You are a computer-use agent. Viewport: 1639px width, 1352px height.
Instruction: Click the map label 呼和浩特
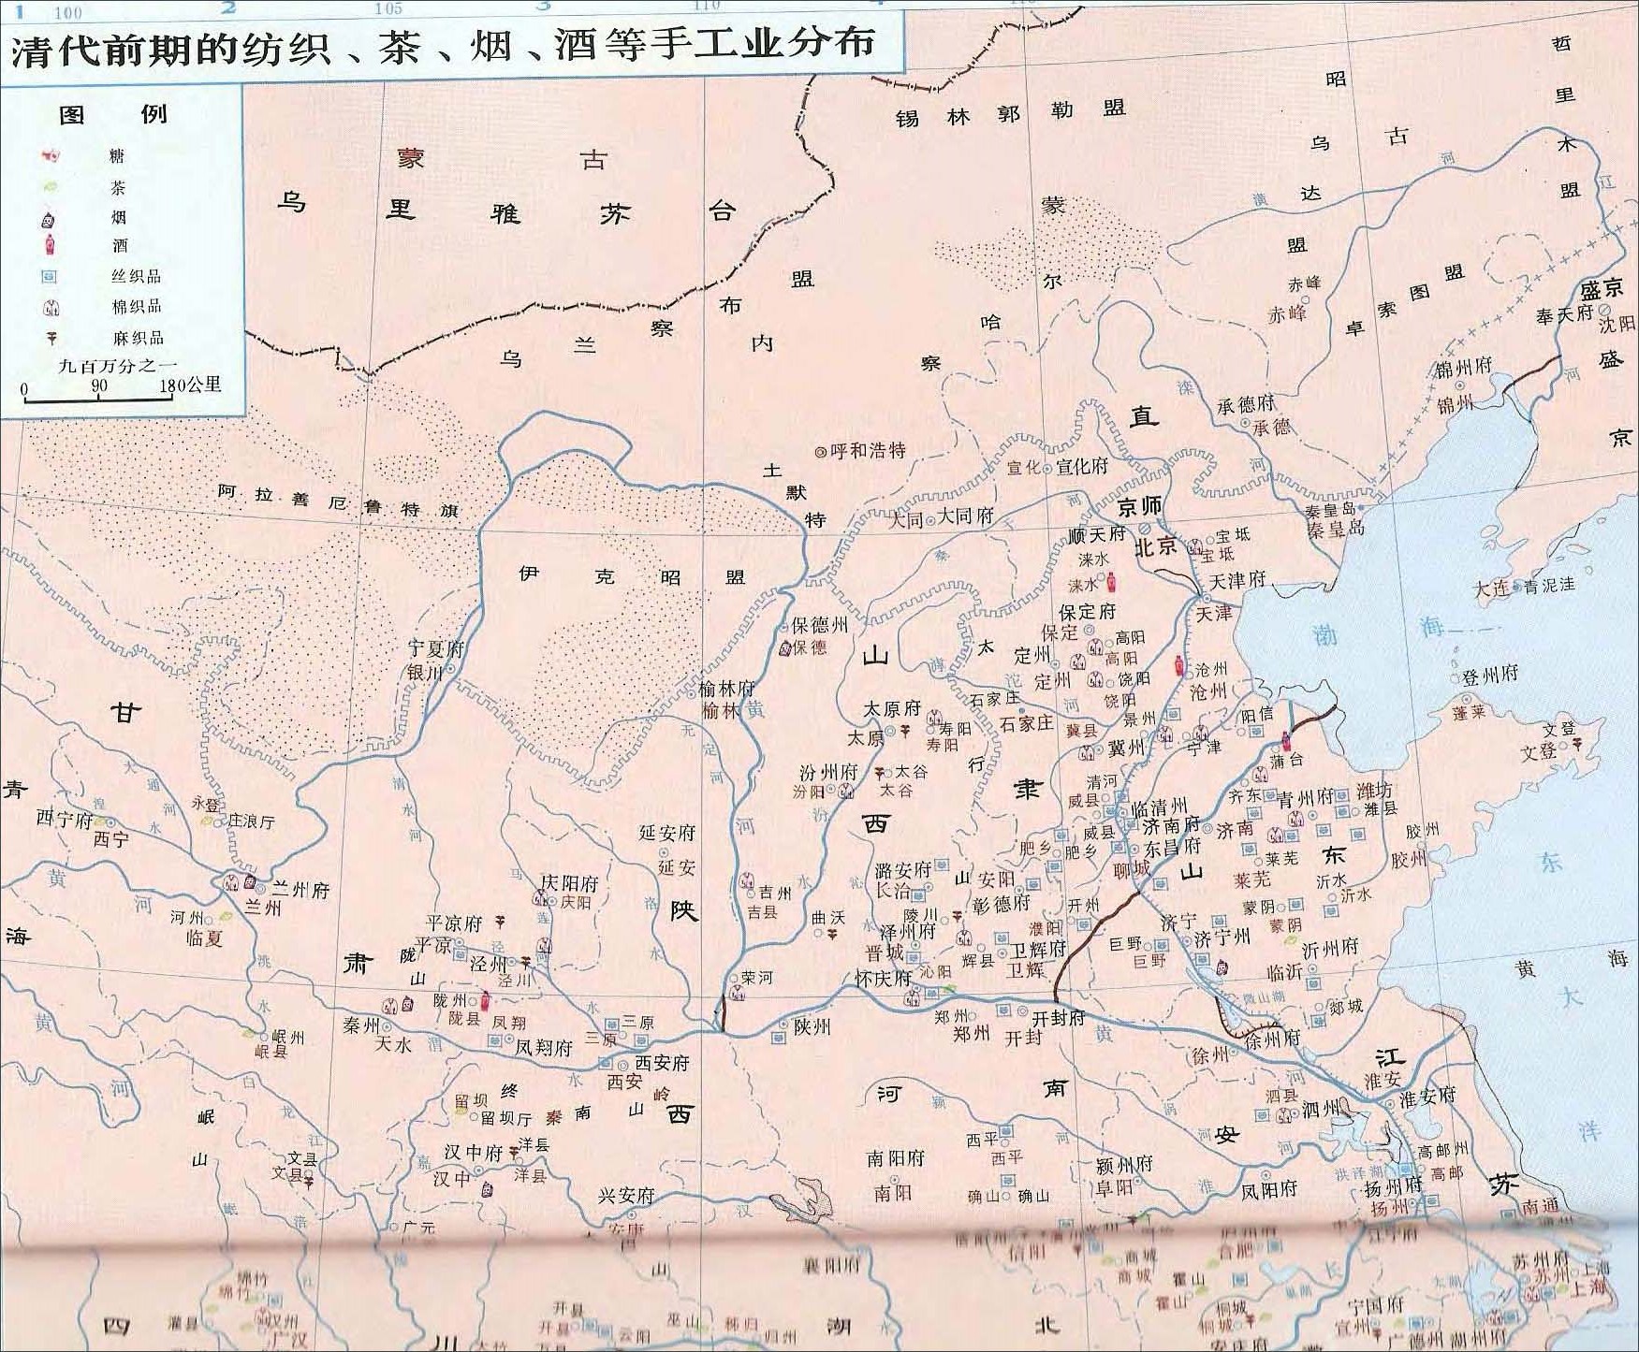coord(868,450)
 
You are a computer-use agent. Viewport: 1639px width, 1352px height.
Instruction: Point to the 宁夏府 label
coord(436,648)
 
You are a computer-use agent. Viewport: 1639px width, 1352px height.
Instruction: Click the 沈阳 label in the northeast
coord(1617,324)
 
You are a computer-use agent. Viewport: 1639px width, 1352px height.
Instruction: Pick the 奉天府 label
coord(1564,313)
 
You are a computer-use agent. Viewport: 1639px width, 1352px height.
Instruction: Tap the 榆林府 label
coord(726,688)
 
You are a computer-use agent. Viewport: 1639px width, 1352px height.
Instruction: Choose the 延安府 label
coord(667,832)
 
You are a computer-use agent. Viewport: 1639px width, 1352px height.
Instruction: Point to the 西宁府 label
coord(65,820)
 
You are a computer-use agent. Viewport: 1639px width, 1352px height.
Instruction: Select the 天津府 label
coord(1237,580)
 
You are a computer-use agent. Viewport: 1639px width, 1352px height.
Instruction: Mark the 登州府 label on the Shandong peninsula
coord(1491,674)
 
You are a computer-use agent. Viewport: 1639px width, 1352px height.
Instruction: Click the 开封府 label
coord(1058,1017)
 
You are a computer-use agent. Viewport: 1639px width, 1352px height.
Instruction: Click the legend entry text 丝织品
coord(136,276)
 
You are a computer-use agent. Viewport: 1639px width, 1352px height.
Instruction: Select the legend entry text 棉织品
coord(136,306)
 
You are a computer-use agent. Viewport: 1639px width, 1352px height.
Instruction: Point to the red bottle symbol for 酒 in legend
coord(51,246)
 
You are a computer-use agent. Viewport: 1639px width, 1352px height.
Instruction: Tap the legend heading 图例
coord(112,114)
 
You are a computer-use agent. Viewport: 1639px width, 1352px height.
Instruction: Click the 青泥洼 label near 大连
coord(1549,586)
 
